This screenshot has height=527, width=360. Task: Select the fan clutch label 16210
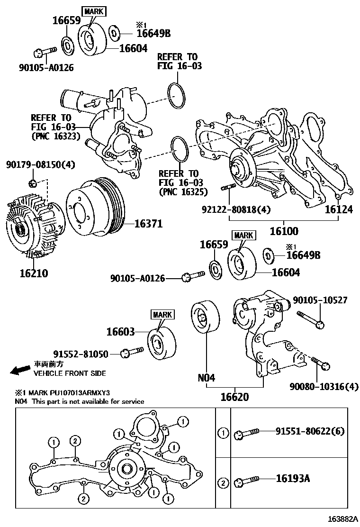pos(34,273)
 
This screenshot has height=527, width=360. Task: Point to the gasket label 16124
pos(339,209)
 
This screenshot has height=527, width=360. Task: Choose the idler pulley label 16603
pos(120,332)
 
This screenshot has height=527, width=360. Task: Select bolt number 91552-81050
pos(81,354)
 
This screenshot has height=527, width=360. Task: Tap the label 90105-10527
pos(320,300)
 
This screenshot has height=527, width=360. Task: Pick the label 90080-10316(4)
pos(324,387)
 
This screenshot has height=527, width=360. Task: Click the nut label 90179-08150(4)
pos(41,164)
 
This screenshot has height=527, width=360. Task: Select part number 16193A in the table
pos(293,478)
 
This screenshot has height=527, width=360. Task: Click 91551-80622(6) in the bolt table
pos(310,431)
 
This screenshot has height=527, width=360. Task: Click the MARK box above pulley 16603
pos(162,314)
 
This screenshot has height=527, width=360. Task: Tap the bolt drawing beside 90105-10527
pos(310,319)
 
